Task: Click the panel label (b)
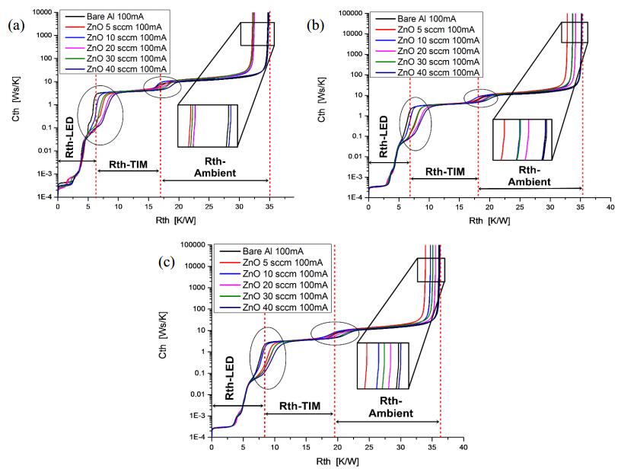click(316, 25)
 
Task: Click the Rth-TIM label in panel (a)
click(129, 163)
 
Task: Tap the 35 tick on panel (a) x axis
click(269, 206)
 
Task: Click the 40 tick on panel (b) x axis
click(610, 206)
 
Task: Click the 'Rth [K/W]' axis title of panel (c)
click(320, 461)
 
